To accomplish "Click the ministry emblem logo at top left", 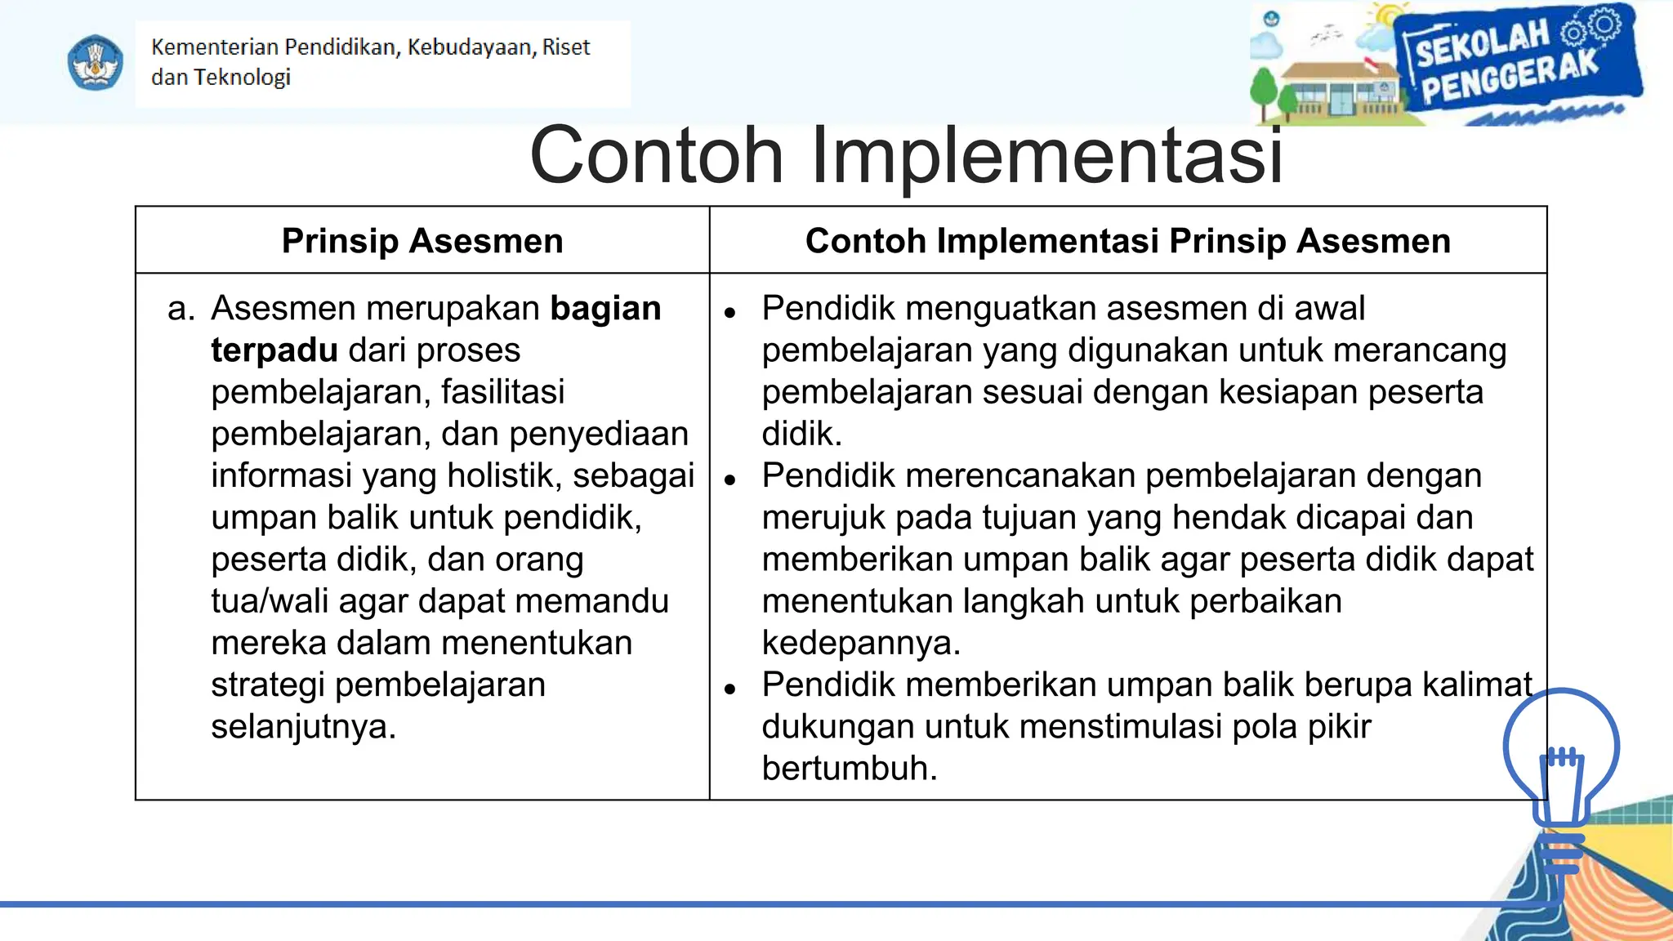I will (x=96, y=62).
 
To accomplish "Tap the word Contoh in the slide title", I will (x=656, y=155).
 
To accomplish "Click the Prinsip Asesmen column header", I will (x=422, y=241).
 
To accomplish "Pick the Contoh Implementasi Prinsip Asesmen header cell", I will (x=1127, y=241).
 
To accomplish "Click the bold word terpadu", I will (x=274, y=350).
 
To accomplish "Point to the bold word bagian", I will (x=605, y=309).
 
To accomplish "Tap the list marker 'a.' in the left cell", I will (x=181, y=309).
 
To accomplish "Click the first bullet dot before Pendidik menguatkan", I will (x=730, y=313).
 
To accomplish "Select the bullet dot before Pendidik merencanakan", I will (x=730, y=480).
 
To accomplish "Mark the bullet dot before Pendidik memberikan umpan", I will (x=730, y=689).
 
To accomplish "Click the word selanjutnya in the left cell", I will (x=303, y=727).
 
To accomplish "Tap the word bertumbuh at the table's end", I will (x=849, y=769).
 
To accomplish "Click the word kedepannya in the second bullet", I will (x=860, y=644).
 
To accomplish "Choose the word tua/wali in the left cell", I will (x=270, y=601).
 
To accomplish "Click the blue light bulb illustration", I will (x=1560, y=768).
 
